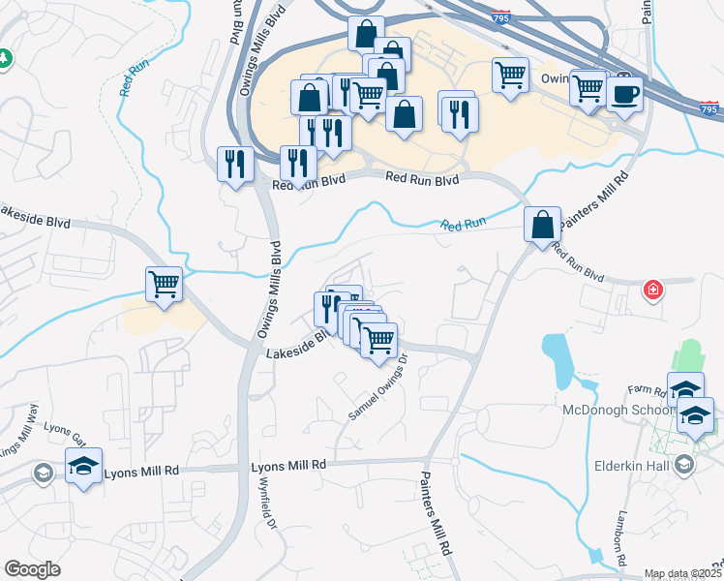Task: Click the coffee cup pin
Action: pyautogui.click(x=625, y=94)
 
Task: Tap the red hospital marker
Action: pyautogui.click(x=654, y=290)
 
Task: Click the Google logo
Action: pyautogui.click(x=32, y=569)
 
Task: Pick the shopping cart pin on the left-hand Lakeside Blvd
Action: pyautogui.click(x=165, y=285)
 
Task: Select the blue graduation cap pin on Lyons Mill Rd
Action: pyautogui.click(x=84, y=466)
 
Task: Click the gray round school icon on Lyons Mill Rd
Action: pyautogui.click(x=43, y=473)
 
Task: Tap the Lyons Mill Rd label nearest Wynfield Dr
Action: pyautogui.click(x=288, y=466)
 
